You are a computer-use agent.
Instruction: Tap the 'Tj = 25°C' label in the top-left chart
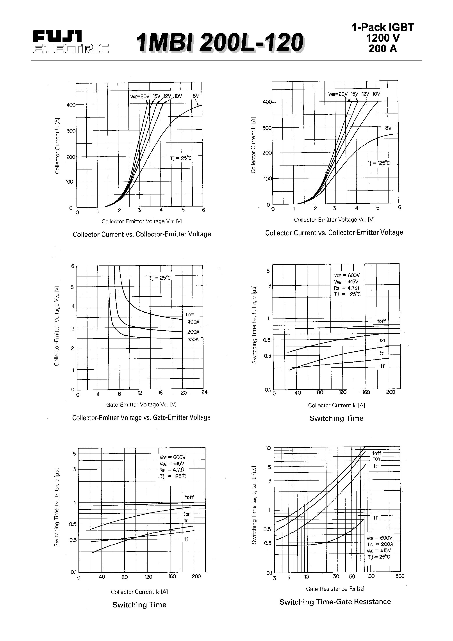click(x=181, y=158)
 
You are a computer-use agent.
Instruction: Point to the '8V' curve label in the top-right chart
click(x=388, y=128)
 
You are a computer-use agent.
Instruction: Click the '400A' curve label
click(x=193, y=322)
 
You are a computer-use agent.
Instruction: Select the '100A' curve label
click(x=193, y=340)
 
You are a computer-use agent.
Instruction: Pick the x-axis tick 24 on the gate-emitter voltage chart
click(x=204, y=392)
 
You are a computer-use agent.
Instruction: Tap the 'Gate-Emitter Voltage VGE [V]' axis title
click(x=141, y=404)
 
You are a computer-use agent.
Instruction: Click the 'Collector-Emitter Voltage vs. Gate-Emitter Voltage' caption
click(x=141, y=418)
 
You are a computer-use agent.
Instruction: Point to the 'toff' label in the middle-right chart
click(x=381, y=321)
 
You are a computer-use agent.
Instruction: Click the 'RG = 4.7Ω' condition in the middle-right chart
click(x=347, y=288)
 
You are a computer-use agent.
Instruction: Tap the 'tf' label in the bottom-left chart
click(x=186, y=539)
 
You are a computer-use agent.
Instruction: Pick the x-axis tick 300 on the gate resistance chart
click(x=400, y=576)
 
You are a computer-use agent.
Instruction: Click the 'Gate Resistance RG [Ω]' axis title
click(x=335, y=589)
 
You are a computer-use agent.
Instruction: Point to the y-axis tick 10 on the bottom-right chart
click(x=268, y=448)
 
